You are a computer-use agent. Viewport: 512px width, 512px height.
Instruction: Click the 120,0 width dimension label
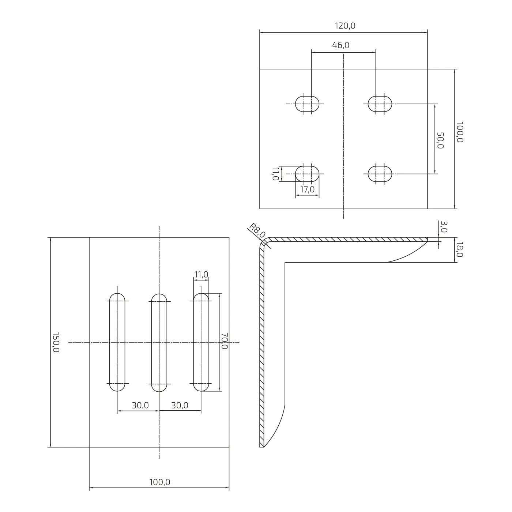point(345,26)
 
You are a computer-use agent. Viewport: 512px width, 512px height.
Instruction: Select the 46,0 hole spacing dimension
point(340,45)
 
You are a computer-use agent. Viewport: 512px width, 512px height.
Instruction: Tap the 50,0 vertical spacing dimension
point(440,140)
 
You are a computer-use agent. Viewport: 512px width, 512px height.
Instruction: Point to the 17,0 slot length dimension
point(307,189)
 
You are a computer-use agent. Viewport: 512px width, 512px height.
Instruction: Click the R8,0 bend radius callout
point(257,230)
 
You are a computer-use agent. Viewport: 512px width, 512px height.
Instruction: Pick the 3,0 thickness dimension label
point(444,227)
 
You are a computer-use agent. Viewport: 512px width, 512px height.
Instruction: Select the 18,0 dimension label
point(459,249)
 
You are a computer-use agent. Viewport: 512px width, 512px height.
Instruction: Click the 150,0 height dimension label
point(56,342)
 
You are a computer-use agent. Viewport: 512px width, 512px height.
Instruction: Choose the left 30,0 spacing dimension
point(140,405)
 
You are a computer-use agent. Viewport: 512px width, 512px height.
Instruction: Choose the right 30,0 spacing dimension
point(180,405)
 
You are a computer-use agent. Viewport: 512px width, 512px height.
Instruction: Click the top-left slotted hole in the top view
point(307,104)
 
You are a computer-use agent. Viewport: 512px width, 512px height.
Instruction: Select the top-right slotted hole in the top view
point(380,104)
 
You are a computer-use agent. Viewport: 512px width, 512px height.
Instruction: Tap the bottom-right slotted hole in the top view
point(380,174)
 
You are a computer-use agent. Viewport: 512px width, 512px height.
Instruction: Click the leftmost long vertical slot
point(117,342)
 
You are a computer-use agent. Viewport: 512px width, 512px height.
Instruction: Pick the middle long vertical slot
point(159,342)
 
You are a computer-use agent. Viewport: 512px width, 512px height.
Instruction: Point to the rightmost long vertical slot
point(201,342)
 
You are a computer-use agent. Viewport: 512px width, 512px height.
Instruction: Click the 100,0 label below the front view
point(159,482)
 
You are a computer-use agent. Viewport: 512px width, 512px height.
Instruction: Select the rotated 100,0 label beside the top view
point(459,132)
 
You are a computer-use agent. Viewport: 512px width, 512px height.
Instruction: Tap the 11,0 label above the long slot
point(201,275)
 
